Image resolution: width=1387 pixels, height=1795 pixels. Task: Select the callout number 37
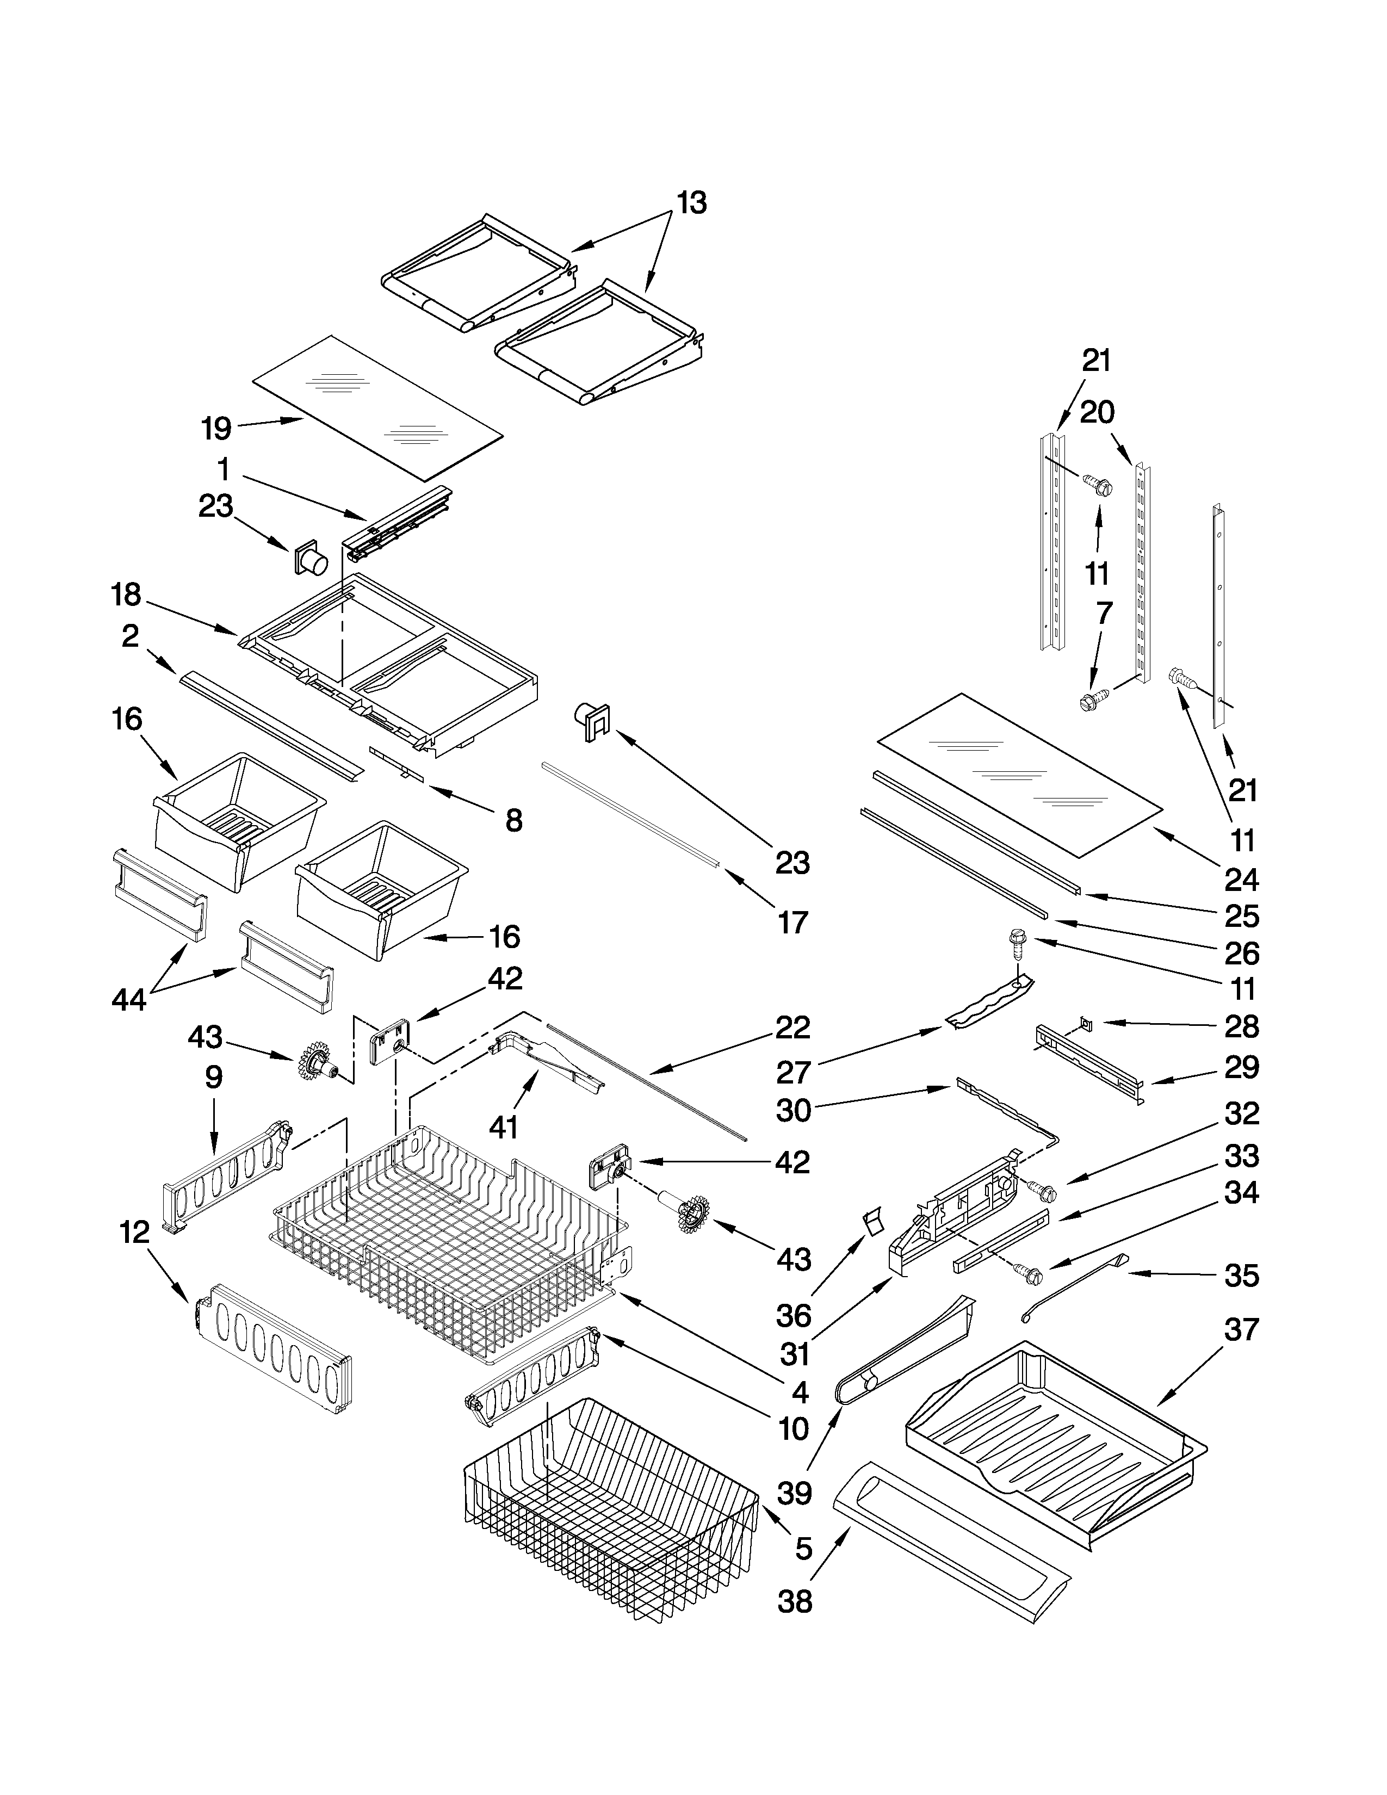tap(1241, 1329)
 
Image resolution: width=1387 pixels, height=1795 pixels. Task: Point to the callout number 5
tap(803, 1549)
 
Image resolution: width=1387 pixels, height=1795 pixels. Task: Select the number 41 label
tap(504, 1128)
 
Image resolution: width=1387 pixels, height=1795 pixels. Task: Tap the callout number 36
tap(794, 1316)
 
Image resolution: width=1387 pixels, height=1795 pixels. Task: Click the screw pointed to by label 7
tap(1091, 701)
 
